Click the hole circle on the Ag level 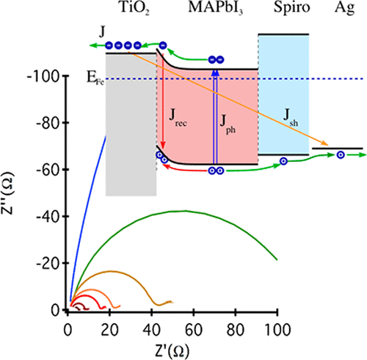pos(341,155)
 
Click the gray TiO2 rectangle pos(131,125)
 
